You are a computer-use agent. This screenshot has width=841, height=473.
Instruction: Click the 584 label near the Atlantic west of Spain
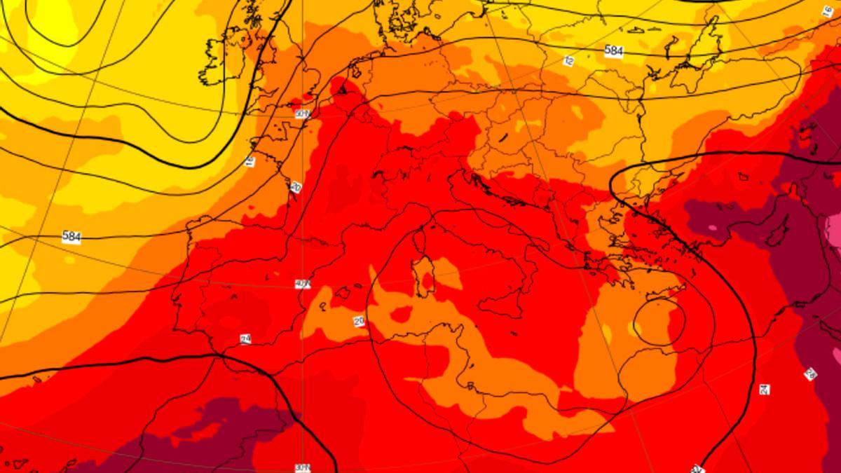click(x=71, y=237)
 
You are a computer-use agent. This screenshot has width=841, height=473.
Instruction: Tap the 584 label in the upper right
click(x=613, y=50)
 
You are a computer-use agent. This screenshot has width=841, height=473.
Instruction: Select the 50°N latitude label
click(x=303, y=114)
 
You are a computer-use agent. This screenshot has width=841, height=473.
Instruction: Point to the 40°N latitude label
click(x=303, y=284)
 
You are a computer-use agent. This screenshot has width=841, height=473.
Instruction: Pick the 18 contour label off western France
click(x=250, y=162)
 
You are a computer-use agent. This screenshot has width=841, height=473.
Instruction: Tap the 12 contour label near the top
click(x=568, y=61)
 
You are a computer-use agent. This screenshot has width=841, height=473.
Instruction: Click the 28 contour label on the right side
click(x=811, y=374)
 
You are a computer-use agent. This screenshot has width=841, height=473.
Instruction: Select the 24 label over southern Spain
click(x=245, y=339)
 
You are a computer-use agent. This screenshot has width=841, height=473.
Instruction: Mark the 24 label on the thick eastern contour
click(x=764, y=389)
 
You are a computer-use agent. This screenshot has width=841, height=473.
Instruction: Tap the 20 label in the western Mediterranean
click(x=359, y=321)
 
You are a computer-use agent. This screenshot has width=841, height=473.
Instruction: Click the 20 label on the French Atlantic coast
click(x=296, y=187)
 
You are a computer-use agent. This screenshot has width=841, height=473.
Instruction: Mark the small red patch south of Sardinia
click(x=403, y=313)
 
